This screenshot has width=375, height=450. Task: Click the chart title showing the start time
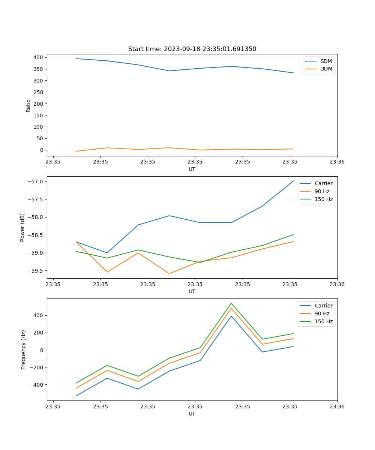point(192,49)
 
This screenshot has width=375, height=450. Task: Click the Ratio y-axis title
point(28,105)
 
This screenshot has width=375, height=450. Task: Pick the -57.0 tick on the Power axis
point(36,181)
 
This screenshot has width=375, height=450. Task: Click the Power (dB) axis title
point(22,227)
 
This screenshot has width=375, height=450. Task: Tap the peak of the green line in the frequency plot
point(231,303)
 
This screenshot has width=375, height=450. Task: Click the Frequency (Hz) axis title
point(24,349)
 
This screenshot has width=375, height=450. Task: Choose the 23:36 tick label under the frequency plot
point(337,406)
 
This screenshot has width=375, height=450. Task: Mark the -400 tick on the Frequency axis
point(37,385)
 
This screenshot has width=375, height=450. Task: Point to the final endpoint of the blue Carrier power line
point(294,181)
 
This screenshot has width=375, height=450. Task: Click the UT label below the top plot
point(192,169)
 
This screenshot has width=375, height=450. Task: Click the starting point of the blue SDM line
point(76,58)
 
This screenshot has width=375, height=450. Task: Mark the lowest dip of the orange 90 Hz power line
point(169,273)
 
